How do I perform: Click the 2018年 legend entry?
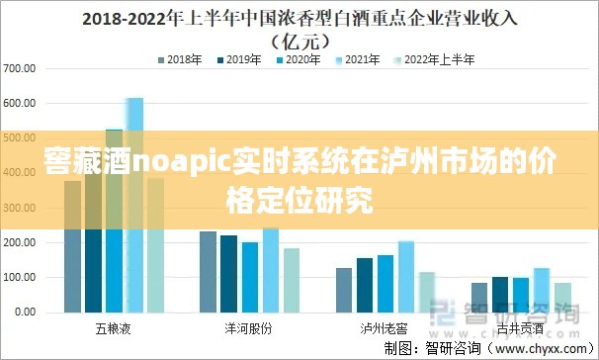[183, 60]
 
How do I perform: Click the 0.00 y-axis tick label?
[23, 312]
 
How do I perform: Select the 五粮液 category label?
[115, 325]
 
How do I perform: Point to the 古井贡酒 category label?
[520, 325]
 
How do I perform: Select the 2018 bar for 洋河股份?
[208, 271]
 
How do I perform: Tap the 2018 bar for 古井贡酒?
[479, 297]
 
